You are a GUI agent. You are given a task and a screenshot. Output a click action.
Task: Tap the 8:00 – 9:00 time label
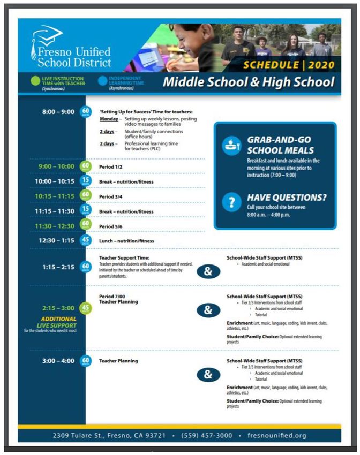[x=58, y=112]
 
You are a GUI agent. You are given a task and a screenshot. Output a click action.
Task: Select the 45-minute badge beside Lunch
[x=85, y=240]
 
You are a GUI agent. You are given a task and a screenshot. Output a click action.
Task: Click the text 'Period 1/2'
[x=111, y=166]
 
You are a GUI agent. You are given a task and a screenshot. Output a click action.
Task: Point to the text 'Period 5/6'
[x=111, y=226]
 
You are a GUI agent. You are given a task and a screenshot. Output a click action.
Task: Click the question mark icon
[x=231, y=202]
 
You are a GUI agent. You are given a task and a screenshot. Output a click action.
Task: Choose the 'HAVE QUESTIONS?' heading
[x=287, y=197]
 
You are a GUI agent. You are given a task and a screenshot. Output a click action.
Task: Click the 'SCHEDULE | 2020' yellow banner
[x=289, y=65]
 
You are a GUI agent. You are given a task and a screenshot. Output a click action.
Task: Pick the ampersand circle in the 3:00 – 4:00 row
[x=208, y=374]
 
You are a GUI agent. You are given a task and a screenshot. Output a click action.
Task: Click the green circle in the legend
[x=35, y=81]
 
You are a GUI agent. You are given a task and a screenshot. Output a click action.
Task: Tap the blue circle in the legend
[x=102, y=81]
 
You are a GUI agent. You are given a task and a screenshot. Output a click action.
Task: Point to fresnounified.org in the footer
[x=277, y=435]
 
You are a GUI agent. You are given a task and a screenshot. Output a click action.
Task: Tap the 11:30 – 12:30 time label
[x=56, y=226]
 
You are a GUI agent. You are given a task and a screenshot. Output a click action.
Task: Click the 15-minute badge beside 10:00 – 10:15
[x=85, y=181]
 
